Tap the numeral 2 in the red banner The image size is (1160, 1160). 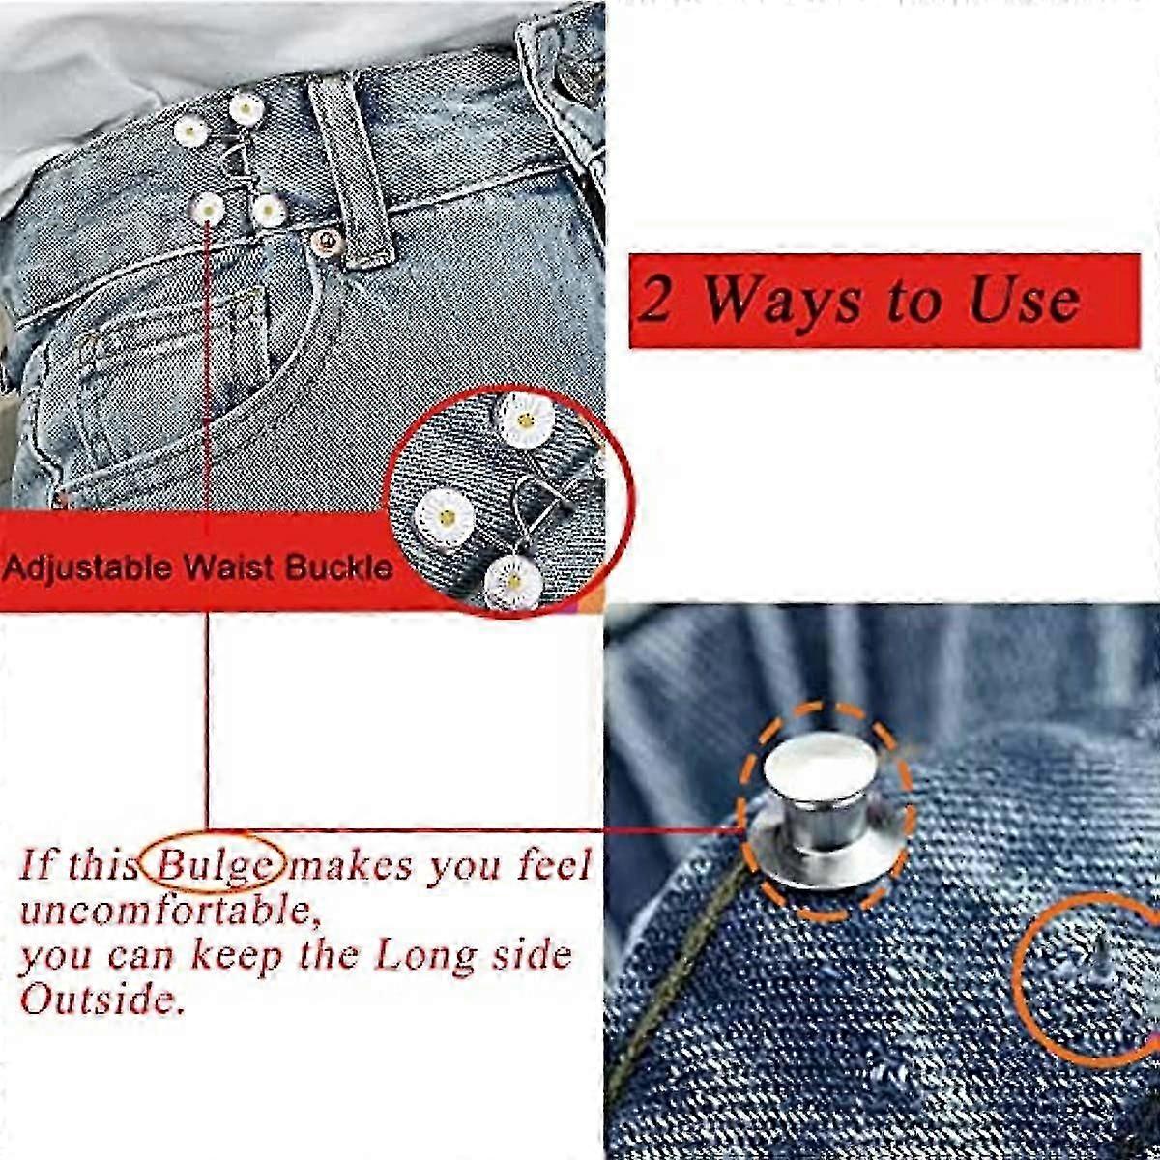(655, 301)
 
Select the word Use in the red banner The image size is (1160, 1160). (1024, 300)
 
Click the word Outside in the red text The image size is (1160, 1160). (101, 1000)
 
